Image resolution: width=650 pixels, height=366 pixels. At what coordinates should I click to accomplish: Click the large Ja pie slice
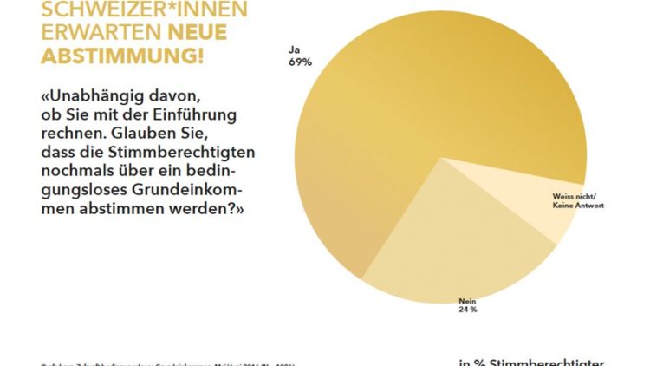point(407,121)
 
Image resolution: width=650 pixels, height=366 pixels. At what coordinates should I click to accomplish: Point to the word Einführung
point(201,115)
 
